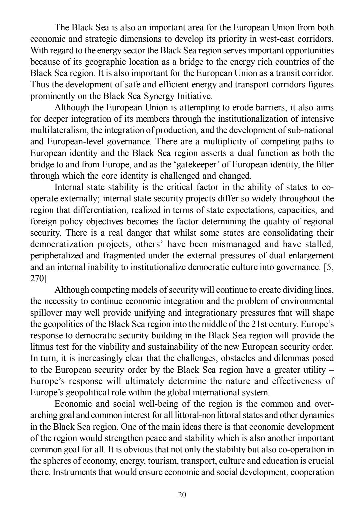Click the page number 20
tap(182, 495)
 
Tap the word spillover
tap(45, 313)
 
